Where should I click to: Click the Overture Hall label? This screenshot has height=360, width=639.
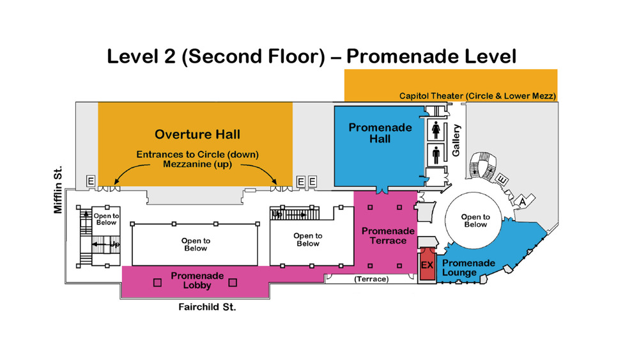[x=197, y=134]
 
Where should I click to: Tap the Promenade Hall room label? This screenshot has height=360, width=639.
[x=380, y=133]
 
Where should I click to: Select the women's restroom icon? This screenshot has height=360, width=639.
[x=436, y=130]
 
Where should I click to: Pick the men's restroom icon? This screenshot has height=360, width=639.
[x=436, y=155]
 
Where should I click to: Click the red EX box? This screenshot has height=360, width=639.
[x=427, y=264]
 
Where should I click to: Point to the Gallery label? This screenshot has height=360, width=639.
[x=456, y=140]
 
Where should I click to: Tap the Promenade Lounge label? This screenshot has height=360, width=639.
[x=468, y=268]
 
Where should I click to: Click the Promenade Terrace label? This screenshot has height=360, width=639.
[x=388, y=236]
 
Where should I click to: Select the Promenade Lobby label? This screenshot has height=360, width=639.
[x=197, y=281]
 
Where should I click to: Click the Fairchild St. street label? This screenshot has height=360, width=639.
[x=207, y=307]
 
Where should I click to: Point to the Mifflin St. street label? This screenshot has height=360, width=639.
[x=58, y=189]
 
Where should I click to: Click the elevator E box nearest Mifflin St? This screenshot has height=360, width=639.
[x=91, y=181]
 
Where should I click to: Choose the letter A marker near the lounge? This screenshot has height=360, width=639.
[x=522, y=201]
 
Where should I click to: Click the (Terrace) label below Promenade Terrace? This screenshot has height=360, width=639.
[x=371, y=279]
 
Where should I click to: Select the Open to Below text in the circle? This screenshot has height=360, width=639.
[x=475, y=221]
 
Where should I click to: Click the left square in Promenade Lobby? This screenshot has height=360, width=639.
[x=157, y=283]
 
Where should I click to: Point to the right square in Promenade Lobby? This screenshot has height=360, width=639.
[x=233, y=283]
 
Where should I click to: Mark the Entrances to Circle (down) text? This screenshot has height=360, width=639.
[x=197, y=155]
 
